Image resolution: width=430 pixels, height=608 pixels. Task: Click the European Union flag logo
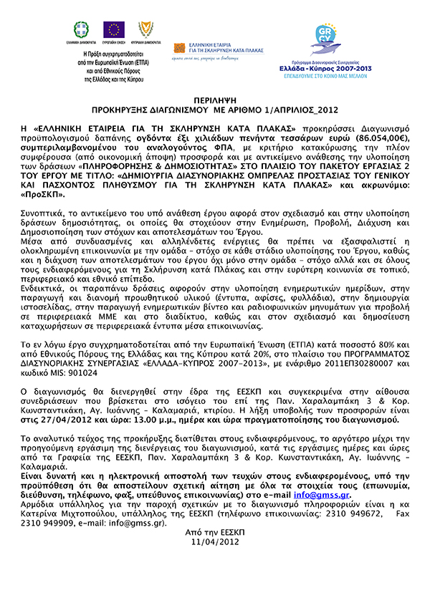click(113, 29)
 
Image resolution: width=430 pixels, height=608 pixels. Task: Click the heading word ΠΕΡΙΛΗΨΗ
click(215, 102)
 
